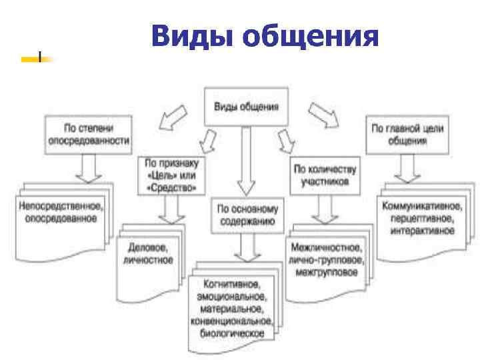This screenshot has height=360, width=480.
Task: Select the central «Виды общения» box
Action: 245,107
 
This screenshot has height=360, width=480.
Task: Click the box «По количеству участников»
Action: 325,175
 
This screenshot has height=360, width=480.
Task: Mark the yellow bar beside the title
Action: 31,59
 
